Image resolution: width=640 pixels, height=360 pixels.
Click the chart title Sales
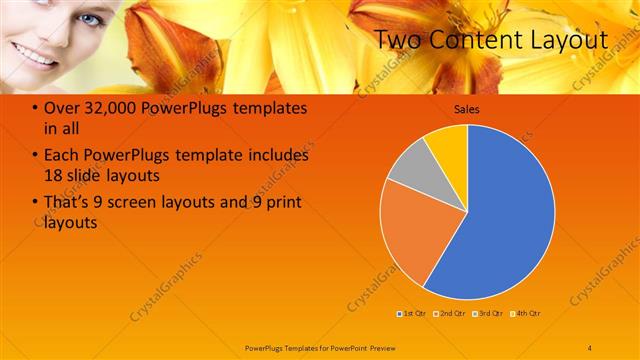[x=467, y=109]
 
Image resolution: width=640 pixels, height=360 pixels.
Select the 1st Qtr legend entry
[x=412, y=313]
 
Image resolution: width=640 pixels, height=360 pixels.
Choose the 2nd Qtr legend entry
[x=451, y=313]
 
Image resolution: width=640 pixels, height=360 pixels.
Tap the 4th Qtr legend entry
[x=527, y=313]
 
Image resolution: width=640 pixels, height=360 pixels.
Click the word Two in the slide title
[x=401, y=40]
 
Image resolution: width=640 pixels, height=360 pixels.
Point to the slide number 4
[x=590, y=347]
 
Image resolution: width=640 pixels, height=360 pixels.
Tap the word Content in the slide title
[x=475, y=40]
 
